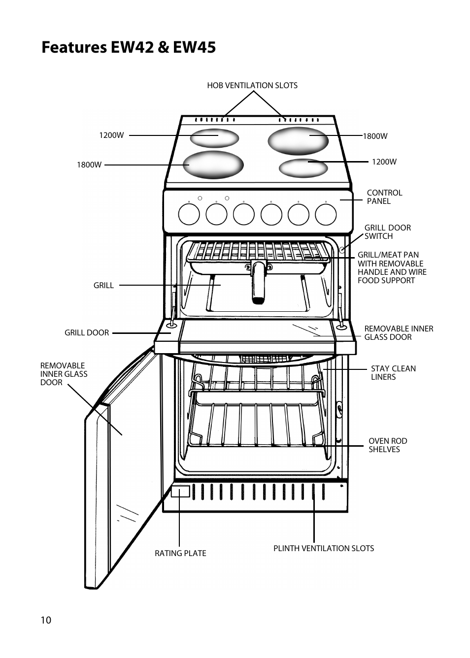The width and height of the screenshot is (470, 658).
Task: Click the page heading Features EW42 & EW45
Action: click(x=129, y=47)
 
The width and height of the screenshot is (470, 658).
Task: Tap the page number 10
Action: click(x=46, y=620)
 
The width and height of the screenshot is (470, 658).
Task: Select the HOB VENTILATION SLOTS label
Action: click(x=252, y=86)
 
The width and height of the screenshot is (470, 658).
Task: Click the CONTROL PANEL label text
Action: click(x=384, y=197)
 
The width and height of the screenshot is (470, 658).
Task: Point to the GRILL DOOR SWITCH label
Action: click(x=387, y=232)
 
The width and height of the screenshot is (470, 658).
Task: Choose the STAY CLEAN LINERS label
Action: click(x=393, y=372)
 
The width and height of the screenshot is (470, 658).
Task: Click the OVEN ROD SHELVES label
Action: click(x=388, y=445)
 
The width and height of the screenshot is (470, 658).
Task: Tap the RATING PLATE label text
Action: click(x=180, y=553)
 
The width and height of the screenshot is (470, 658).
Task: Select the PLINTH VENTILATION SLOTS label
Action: click(x=324, y=548)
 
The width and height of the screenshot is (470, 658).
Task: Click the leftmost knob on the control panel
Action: click(x=189, y=214)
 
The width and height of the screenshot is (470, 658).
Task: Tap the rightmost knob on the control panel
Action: click(x=326, y=214)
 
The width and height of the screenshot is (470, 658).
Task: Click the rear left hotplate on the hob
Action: click(x=214, y=138)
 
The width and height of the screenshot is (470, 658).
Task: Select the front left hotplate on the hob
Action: click(x=213, y=165)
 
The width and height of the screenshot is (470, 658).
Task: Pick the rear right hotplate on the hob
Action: click(x=298, y=141)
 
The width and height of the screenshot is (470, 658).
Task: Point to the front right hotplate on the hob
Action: click(x=303, y=168)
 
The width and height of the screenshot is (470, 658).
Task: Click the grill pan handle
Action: click(x=259, y=282)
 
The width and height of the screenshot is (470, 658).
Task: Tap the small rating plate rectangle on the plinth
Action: click(x=180, y=492)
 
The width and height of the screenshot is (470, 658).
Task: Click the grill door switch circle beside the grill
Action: click(x=342, y=250)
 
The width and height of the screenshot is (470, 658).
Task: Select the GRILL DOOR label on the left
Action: click(x=87, y=332)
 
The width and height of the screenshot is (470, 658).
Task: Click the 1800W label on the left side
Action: click(x=89, y=165)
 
